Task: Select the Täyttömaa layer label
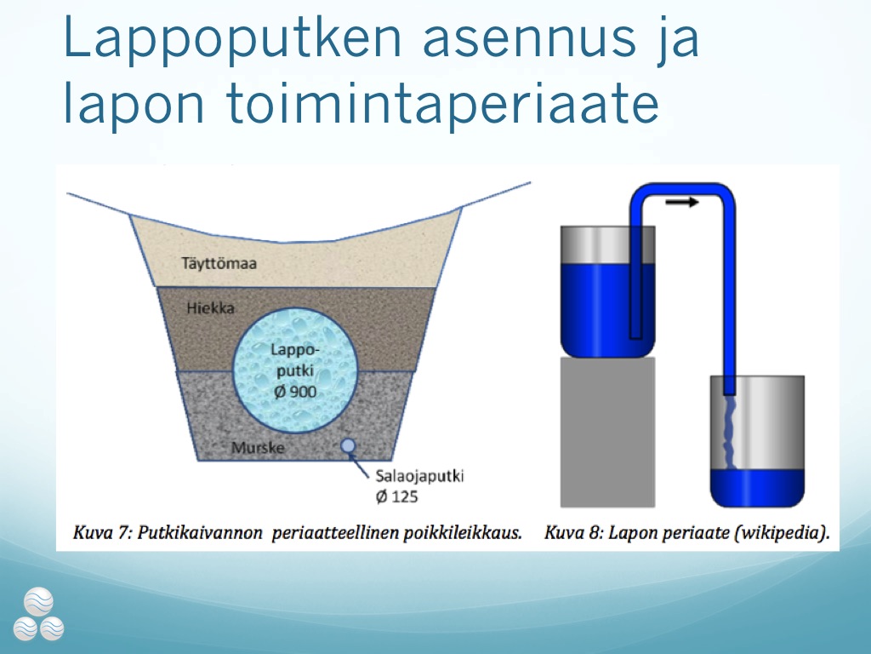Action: pos(219,263)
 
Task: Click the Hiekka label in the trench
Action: pos(211,308)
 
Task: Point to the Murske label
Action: pos(258,448)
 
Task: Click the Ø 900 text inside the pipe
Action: pos(295,392)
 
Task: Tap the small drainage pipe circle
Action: pos(348,445)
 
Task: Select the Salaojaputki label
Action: pos(419,476)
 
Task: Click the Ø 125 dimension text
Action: pos(396,496)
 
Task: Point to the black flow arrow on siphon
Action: pos(681,202)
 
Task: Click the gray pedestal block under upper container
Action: pos(607,432)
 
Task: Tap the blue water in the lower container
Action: pos(757,488)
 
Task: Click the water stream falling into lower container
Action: pos(729,432)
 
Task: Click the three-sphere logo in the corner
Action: pos(38,614)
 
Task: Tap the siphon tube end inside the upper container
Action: pos(636,335)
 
